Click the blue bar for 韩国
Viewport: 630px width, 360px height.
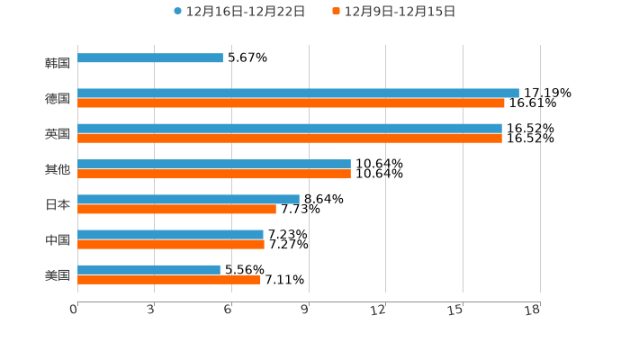(x=150, y=58)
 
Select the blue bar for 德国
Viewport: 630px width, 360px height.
(x=298, y=93)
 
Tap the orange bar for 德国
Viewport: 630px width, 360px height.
(x=291, y=103)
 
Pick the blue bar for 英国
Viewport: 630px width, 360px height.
(x=290, y=128)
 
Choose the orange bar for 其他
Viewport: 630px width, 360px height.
(x=214, y=174)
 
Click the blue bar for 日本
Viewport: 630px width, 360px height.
(x=188, y=199)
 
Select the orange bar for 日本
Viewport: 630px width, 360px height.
(x=176, y=209)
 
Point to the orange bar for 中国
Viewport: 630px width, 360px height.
(x=171, y=244)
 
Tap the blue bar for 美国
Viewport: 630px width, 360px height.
(x=148, y=269)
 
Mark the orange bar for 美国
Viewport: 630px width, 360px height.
(x=169, y=280)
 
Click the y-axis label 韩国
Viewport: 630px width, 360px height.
(x=58, y=63)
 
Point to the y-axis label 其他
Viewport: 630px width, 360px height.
(x=58, y=169)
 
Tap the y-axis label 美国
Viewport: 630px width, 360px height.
(x=58, y=274)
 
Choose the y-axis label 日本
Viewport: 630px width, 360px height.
(x=58, y=204)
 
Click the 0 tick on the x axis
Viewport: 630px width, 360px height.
(x=74, y=310)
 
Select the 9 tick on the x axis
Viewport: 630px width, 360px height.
(x=305, y=310)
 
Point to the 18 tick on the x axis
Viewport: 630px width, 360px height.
(x=533, y=310)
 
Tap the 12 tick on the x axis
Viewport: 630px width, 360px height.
(x=378, y=310)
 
